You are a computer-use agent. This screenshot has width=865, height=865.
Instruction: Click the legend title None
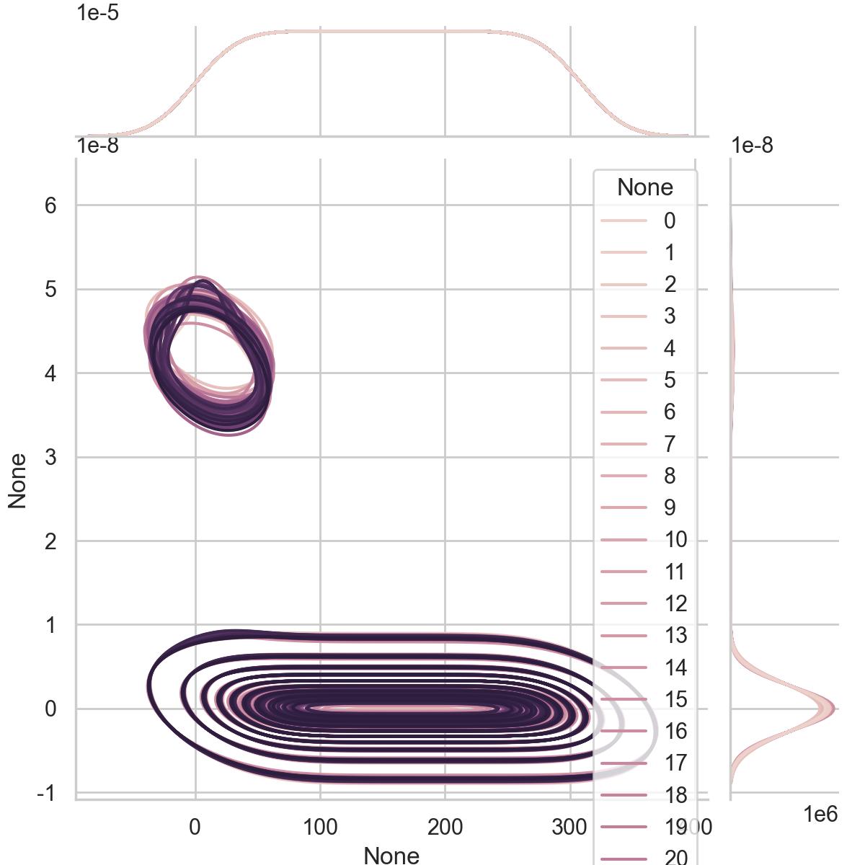[x=645, y=187]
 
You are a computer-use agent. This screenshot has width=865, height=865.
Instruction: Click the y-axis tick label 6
[x=50, y=206]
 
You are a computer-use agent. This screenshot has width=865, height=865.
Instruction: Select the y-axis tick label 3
[x=50, y=457]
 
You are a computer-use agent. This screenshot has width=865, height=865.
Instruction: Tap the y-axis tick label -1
[x=47, y=793]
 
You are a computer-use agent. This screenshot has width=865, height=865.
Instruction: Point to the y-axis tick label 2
[x=50, y=541]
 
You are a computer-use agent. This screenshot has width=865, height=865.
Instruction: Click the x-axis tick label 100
[x=320, y=828]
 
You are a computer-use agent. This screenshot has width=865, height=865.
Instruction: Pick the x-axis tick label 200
[x=445, y=828]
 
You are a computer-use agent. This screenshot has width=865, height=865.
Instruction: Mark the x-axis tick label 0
[x=195, y=828]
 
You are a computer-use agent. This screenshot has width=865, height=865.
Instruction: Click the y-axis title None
[x=17, y=481]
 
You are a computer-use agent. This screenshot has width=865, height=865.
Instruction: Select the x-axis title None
[x=391, y=855]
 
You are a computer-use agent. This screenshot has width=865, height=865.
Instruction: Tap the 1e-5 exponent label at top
[x=98, y=12]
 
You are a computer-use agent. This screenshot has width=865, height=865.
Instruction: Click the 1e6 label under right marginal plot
[x=820, y=815]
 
